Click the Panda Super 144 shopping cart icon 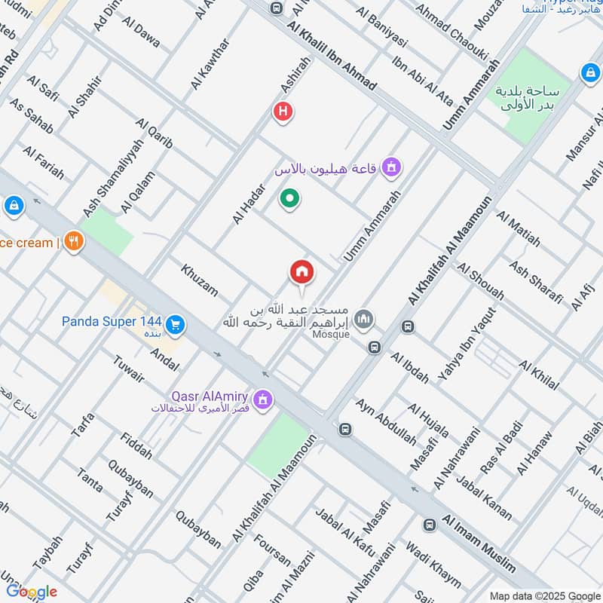(x=176, y=324)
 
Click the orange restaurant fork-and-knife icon (x=74, y=241)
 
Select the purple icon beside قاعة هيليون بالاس (x=390, y=167)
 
